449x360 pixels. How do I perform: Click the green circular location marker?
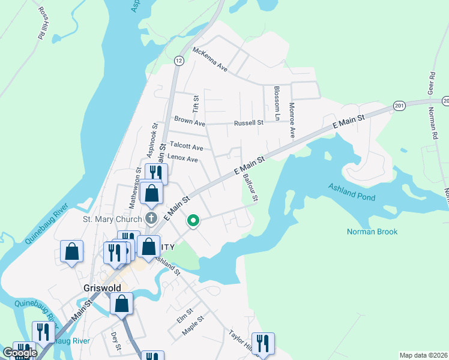coord(193,221)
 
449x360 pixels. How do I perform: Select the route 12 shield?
coord(179,61)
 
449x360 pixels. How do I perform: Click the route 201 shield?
coord(399,105)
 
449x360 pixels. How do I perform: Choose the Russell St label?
coord(249,122)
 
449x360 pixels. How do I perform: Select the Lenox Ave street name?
coord(182,159)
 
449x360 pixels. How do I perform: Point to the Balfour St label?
coord(249,188)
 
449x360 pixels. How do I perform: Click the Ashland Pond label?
coord(352,192)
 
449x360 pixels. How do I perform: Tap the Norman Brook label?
coord(372,232)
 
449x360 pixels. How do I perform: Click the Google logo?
coord(20,353)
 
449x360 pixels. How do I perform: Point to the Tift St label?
coord(195,103)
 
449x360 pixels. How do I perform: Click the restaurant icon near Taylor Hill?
coord(262,343)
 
